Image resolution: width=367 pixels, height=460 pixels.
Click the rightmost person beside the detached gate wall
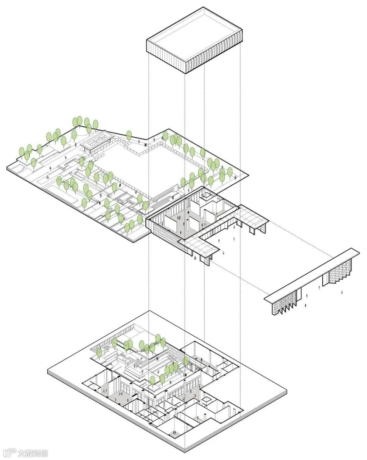(342, 292)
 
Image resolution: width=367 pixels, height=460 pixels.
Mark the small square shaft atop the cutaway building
(207, 196)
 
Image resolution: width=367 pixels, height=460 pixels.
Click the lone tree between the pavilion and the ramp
(129, 135)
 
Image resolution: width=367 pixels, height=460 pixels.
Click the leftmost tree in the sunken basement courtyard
(99, 352)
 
